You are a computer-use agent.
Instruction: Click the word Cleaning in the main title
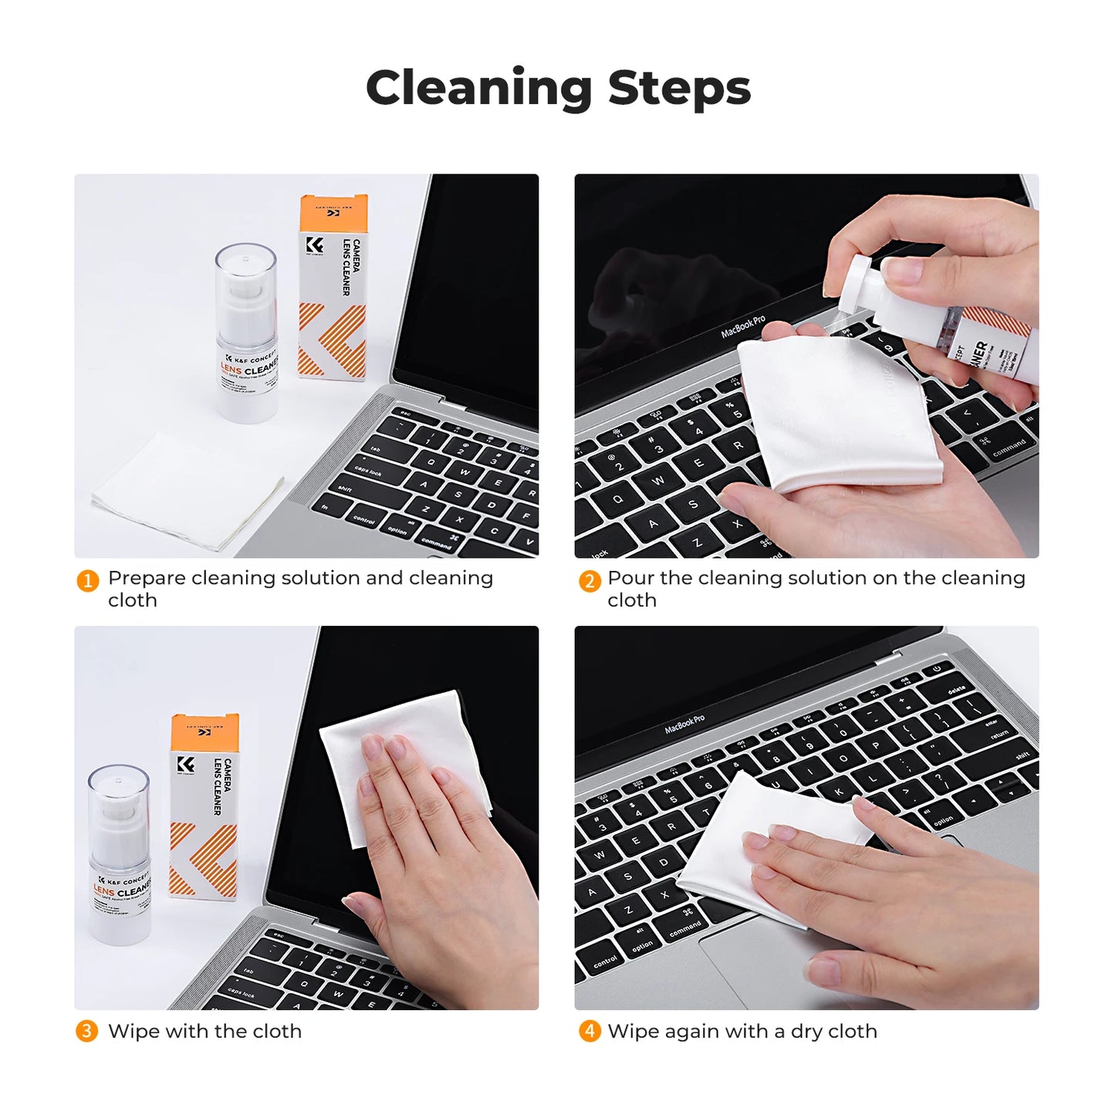click(478, 88)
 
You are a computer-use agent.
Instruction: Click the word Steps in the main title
click(679, 88)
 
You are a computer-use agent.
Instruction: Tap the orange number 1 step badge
click(87, 580)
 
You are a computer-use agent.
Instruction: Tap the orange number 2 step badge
click(590, 580)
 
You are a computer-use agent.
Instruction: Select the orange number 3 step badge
click(86, 1031)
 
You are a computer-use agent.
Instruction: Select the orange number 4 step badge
click(590, 1031)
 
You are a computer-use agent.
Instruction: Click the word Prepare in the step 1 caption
click(147, 579)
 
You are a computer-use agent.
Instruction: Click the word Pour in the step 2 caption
click(630, 578)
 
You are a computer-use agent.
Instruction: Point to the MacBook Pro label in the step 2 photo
click(742, 326)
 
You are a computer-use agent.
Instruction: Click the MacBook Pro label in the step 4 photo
click(684, 724)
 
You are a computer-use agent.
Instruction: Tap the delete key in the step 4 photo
click(956, 689)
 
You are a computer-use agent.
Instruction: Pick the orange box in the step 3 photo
click(204, 806)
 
